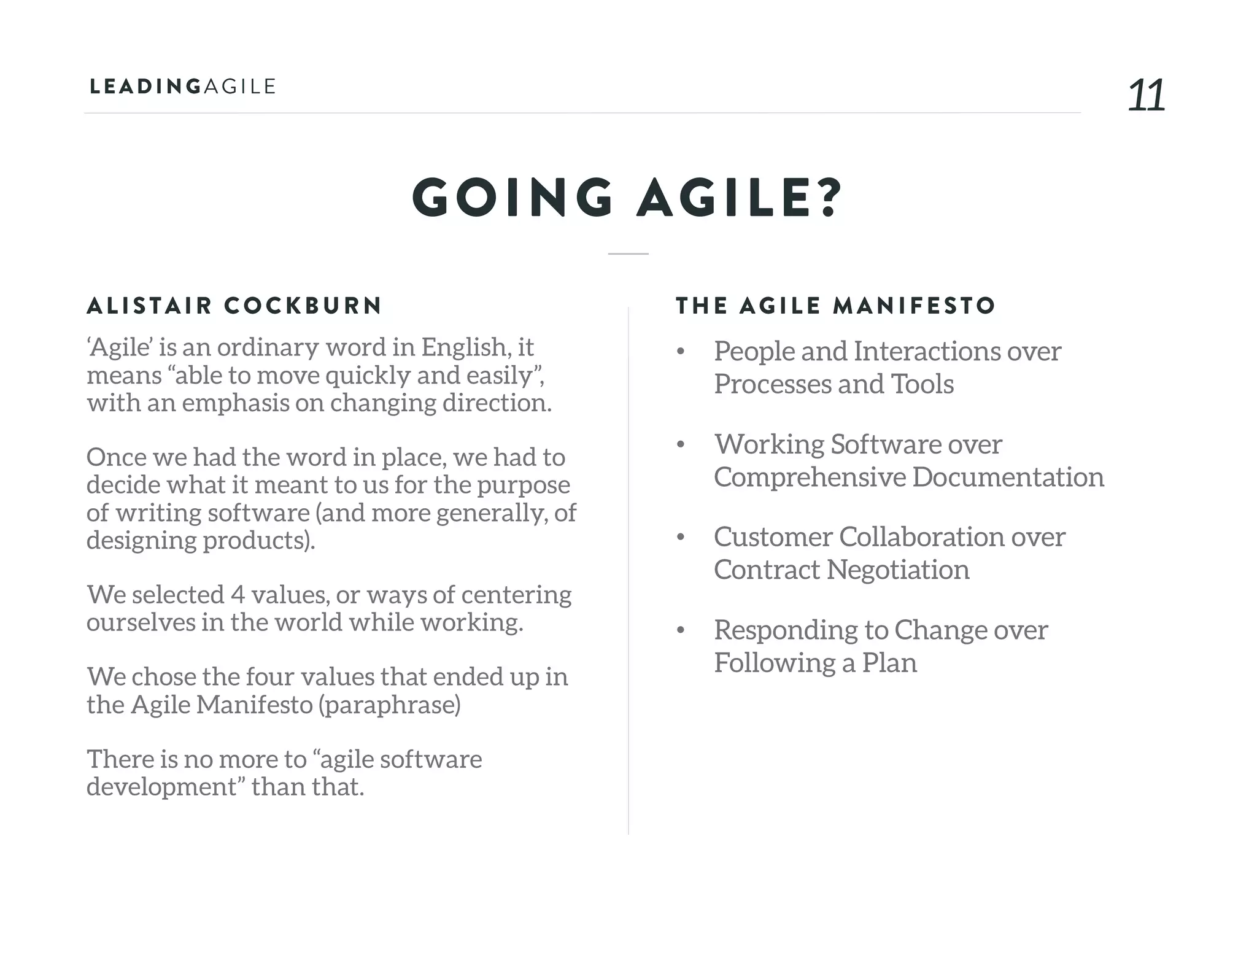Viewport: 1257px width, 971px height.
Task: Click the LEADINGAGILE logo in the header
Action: click(x=182, y=87)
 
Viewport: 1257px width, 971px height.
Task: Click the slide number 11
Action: click(x=1146, y=96)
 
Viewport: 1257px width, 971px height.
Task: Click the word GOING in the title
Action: click(x=512, y=198)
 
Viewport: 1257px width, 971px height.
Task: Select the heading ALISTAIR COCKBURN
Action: click(x=234, y=306)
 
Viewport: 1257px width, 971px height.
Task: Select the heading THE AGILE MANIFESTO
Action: click(x=835, y=306)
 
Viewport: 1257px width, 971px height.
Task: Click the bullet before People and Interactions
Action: click(x=680, y=352)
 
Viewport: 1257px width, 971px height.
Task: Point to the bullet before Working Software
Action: click(x=680, y=445)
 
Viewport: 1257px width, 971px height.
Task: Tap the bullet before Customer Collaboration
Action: click(x=680, y=538)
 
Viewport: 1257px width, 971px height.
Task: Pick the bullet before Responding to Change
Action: click(x=680, y=631)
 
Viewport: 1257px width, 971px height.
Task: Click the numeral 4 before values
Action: click(x=238, y=595)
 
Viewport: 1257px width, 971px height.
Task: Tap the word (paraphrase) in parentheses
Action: click(x=389, y=705)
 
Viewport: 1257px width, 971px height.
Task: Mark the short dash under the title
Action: click(x=628, y=253)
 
